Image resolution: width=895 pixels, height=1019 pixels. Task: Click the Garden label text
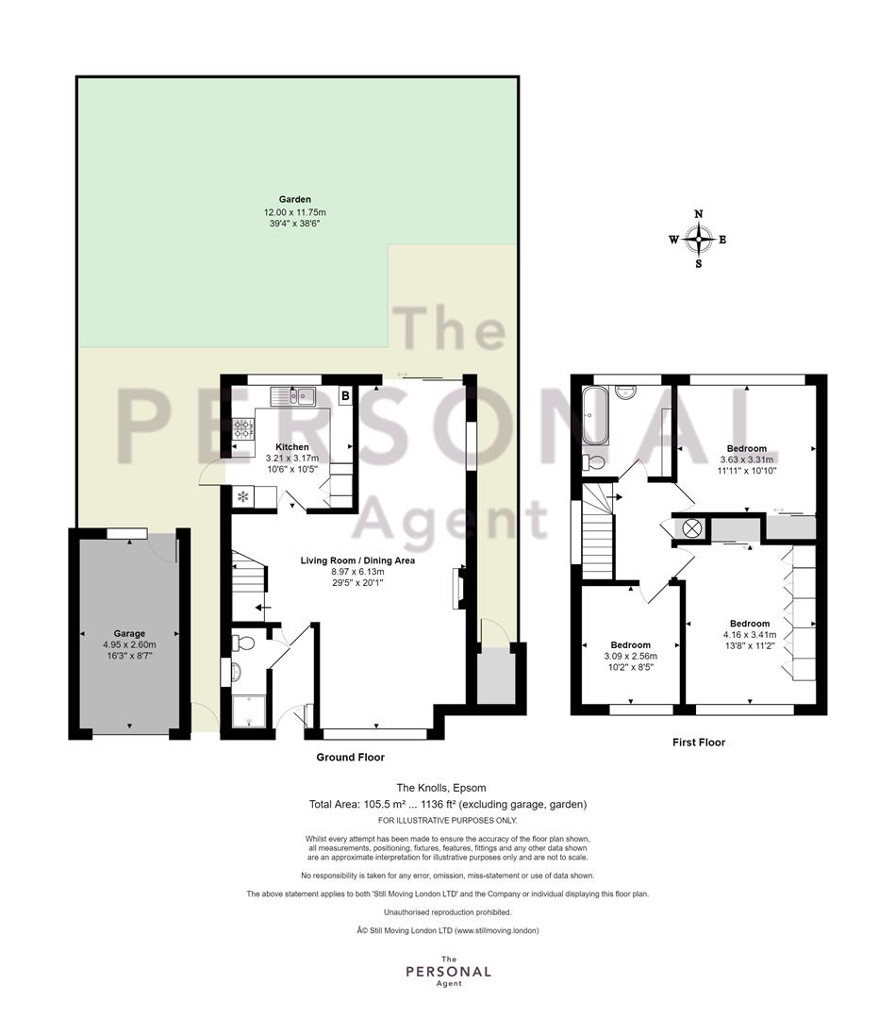click(x=295, y=199)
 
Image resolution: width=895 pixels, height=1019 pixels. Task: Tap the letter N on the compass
click(x=699, y=214)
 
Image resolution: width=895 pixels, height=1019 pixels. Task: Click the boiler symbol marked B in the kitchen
click(x=345, y=395)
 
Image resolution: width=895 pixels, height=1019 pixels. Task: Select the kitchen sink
click(x=293, y=395)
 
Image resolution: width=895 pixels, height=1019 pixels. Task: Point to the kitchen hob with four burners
click(x=242, y=428)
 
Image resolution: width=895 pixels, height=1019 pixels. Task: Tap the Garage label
click(x=129, y=634)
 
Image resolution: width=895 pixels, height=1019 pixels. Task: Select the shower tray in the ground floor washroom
click(x=249, y=711)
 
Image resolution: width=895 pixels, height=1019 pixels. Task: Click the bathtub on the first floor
click(x=596, y=416)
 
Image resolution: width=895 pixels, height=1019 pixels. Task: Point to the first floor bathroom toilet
click(x=593, y=462)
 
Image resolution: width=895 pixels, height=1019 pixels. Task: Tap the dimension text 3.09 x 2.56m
click(x=630, y=657)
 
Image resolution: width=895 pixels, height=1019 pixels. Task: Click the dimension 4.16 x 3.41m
click(x=750, y=635)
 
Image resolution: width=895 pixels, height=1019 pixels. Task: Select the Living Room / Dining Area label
click(x=357, y=560)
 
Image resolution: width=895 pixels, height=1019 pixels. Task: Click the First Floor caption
click(x=698, y=743)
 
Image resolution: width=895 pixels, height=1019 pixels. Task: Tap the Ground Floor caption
click(x=350, y=757)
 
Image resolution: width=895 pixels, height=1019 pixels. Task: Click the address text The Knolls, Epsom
click(x=441, y=788)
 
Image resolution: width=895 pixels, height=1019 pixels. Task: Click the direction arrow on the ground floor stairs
click(x=262, y=609)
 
